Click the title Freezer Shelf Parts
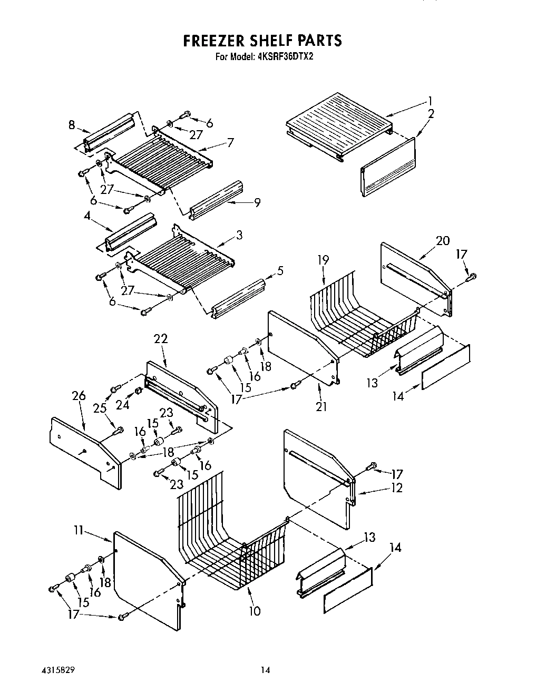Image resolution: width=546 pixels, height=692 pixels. click(x=262, y=41)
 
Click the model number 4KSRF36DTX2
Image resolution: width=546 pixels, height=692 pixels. click(x=286, y=57)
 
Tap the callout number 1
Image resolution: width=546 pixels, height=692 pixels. click(x=430, y=100)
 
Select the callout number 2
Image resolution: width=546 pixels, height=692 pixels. click(x=431, y=113)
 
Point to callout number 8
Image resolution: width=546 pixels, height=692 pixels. click(x=71, y=125)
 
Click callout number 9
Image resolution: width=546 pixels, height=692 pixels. click(x=257, y=202)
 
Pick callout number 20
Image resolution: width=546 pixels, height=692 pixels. click(x=442, y=240)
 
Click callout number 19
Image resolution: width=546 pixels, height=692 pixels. click(x=324, y=259)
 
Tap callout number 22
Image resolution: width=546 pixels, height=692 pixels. click(x=161, y=339)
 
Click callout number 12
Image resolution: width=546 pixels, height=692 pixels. click(x=396, y=488)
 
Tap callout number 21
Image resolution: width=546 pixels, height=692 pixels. click(x=321, y=406)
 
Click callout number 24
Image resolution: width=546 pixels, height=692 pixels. click(x=123, y=405)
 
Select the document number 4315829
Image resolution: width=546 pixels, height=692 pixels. click(x=55, y=671)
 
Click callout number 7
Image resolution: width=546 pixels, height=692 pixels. click(x=230, y=142)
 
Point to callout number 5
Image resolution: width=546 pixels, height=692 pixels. click(x=280, y=271)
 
